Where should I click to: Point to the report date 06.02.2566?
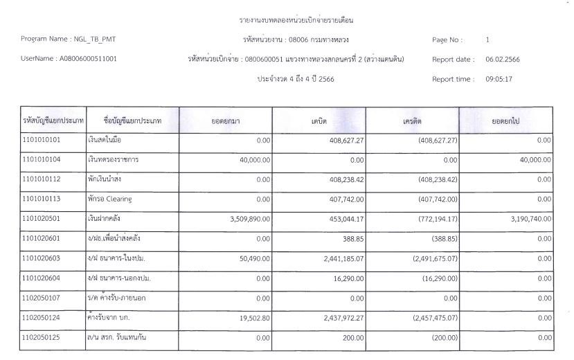click(x=503, y=60)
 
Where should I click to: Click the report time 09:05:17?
click(x=499, y=79)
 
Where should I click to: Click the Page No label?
click(x=447, y=40)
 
